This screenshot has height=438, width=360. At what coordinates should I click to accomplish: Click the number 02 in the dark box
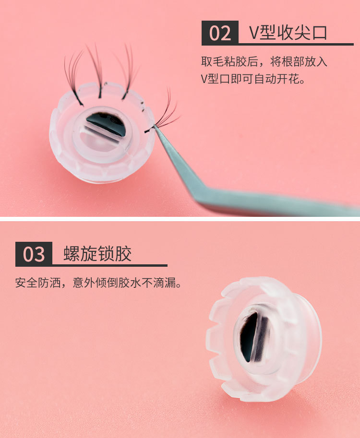coord(220,33)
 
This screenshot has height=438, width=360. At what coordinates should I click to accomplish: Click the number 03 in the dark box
coord(34,254)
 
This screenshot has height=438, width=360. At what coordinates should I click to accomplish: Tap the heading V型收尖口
coord(288,33)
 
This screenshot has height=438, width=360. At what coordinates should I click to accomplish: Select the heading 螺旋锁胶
coord(97,254)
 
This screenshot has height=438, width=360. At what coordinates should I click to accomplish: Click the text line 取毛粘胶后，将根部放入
coord(264,61)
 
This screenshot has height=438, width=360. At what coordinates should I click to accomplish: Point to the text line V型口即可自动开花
coord(252,79)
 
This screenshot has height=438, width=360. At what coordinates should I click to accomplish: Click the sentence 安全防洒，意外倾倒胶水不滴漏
coord(98,283)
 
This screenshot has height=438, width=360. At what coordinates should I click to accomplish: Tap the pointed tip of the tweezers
coord(154,126)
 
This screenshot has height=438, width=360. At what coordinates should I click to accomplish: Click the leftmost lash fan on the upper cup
coord(73,77)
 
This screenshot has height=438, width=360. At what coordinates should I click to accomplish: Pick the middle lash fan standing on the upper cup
coord(96,71)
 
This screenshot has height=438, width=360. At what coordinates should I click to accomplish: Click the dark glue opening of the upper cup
coord(106,123)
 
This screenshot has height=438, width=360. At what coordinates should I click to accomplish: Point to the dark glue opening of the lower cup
coord(248,335)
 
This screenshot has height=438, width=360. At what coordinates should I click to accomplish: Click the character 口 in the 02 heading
coord(320,33)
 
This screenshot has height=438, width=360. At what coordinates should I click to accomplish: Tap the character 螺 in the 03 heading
coord(72,254)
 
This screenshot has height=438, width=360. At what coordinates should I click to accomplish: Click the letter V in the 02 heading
coord(254,33)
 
